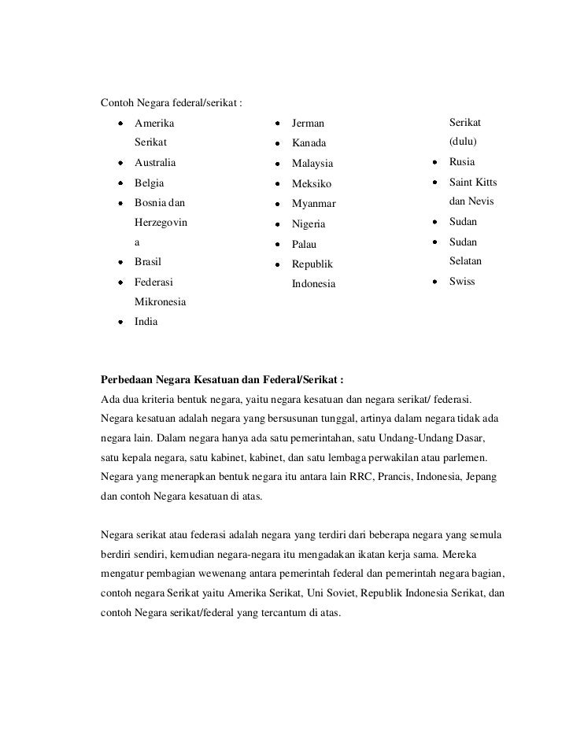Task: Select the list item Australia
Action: tap(155, 163)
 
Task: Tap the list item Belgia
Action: tap(150, 183)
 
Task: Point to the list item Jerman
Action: tap(308, 124)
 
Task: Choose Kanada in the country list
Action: tap(309, 144)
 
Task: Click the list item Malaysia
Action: tap(312, 164)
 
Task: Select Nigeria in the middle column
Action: tap(309, 224)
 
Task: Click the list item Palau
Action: tap(305, 245)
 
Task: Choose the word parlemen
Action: tap(464, 457)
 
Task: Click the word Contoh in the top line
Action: tap(117, 102)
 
